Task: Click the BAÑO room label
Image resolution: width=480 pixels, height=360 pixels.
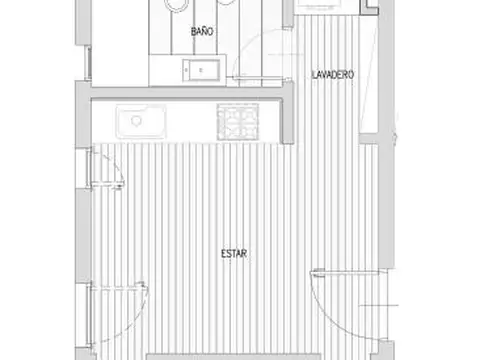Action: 203,33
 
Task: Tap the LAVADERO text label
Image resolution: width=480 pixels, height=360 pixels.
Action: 332,75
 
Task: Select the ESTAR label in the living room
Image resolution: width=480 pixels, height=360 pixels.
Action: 234,254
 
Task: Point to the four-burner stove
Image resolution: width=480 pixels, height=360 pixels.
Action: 240,122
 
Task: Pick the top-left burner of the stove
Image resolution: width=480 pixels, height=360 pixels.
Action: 230,113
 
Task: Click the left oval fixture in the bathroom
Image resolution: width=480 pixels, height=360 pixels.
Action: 176,5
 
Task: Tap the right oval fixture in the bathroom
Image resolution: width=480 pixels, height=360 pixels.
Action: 229,5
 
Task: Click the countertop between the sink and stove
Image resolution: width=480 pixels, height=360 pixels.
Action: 190,122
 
